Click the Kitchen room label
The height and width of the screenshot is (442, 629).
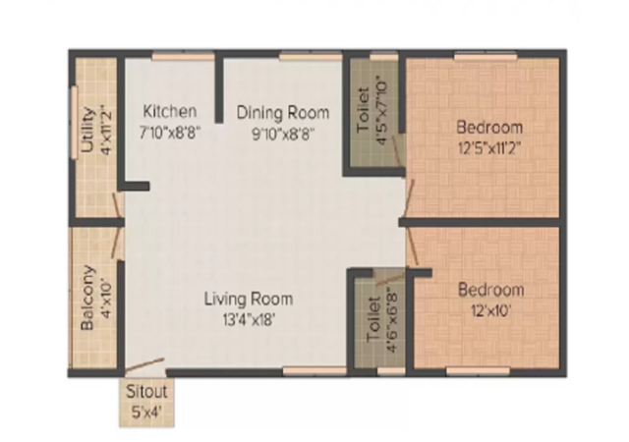pyautogui.click(x=170, y=111)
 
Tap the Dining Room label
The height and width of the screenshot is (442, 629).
pyautogui.click(x=283, y=113)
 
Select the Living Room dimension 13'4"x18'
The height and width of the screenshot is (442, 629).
pyautogui.click(x=249, y=320)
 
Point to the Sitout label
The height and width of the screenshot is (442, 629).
pyautogui.click(x=146, y=392)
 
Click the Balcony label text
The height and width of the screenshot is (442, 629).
pyautogui.click(x=87, y=298)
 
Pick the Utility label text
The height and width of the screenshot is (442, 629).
pyautogui.click(x=87, y=130)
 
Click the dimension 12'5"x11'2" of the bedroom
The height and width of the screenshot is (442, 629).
pyautogui.click(x=489, y=148)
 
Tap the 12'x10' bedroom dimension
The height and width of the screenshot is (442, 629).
pyautogui.click(x=490, y=310)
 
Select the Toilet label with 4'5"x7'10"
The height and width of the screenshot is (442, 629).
pyautogui.click(x=363, y=110)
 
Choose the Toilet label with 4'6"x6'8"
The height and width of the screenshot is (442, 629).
pyautogui.click(x=373, y=319)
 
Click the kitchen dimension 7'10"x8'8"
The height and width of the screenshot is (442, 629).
pyautogui.click(x=170, y=132)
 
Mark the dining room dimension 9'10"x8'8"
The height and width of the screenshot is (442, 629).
pyautogui.click(x=282, y=134)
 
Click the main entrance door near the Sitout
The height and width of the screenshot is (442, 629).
pyautogui.click(x=144, y=365)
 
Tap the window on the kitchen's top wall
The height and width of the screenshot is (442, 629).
pyautogui.click(x=184, y=57)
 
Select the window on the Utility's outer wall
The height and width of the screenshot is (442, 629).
pyautogui.click(x=75, y=123)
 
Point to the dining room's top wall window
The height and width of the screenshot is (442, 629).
pyautogui.click(x=311, y=57)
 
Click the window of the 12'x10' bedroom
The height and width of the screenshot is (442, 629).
pyautogui.click(x=478, y=371)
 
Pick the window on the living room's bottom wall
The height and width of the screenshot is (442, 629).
pyautogui.click(x=314, y=371)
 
